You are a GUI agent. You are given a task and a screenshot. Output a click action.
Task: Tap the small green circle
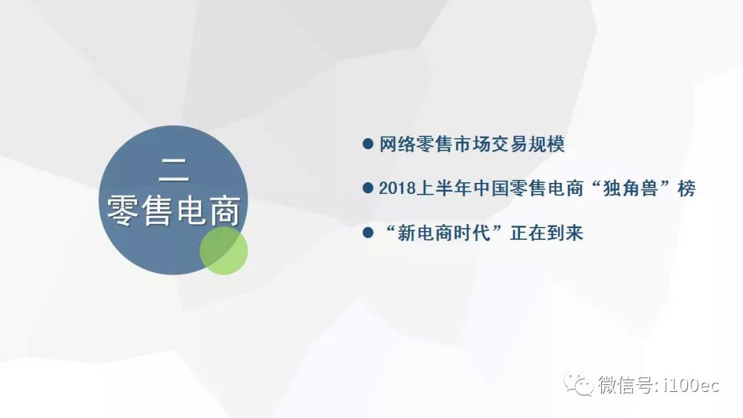point(224,250)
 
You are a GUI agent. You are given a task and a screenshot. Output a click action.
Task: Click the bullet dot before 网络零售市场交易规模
point(367,144)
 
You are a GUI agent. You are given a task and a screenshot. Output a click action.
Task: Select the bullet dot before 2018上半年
point(367,188)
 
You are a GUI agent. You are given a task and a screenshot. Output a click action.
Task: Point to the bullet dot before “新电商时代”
point(367,232)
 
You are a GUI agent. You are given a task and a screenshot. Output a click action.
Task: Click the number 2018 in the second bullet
point(397,188)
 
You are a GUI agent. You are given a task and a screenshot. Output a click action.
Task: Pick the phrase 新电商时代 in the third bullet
point(444,233)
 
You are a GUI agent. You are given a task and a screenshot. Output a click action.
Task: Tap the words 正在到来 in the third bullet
point(546,233)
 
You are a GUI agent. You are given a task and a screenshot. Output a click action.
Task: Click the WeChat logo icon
point(578,384)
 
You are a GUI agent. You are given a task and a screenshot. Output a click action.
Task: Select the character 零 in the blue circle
point(121,210)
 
